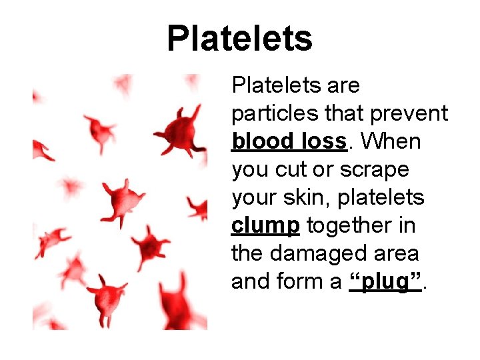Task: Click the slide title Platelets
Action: coord(239,38)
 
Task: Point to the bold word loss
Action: coord(323,141)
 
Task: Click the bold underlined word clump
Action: coord(265,226)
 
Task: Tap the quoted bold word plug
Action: coord(386,283)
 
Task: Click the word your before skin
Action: coord(253,198)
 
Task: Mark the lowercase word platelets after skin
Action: coord(387,198)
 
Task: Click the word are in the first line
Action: coord(343,86)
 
